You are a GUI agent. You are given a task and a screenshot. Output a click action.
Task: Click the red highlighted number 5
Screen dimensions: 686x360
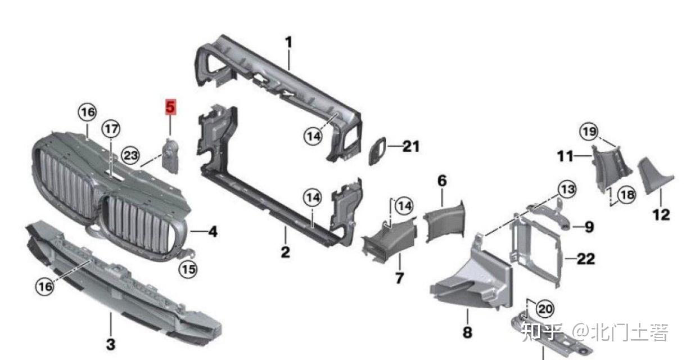pyautogui.click(x=170, y=107)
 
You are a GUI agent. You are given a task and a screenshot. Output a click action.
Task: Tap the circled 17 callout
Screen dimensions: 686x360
pyautogui.click(x=111, y=129)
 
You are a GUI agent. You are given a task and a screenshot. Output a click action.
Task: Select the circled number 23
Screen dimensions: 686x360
pyautogui.click(x=131, y=155)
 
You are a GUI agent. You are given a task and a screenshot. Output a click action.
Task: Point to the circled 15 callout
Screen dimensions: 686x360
pyautogui.click(x=188, y=269)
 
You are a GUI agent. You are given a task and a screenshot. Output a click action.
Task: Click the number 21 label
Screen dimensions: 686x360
pyautogui.click(x=410, y=146)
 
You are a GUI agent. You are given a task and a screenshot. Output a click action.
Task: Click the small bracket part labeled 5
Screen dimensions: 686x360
pyautogui.click(x=170, y=156)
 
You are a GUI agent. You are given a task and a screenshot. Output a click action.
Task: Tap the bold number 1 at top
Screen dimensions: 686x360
pyautogui.click(x=288, y=43)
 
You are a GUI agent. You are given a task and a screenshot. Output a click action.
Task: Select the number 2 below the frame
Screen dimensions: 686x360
pyautogui.click(x=286, y=252)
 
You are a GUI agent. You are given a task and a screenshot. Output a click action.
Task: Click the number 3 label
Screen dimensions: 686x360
pyautogui.click(x=111, y=344)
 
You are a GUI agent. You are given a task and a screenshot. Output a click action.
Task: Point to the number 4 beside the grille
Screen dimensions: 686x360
pyautogui.click(x=213, y=232)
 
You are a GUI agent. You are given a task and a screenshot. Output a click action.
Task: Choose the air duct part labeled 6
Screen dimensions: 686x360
pyautogui.click(x=444, y=220)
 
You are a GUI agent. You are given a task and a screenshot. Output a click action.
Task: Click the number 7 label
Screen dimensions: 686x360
pyautogui.click(x=400, y=278)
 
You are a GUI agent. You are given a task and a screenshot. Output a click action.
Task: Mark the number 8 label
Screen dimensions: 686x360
pyautogui.click(x=467, y=332)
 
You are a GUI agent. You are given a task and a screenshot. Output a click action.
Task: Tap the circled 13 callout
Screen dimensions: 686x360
pyautogui.click(x=567, y=189)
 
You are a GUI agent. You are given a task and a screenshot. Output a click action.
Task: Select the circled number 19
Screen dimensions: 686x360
pyautogui.click(x=589, y=132)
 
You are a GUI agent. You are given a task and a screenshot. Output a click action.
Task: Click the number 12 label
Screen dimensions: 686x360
pyautogui.click(x=661, y=214)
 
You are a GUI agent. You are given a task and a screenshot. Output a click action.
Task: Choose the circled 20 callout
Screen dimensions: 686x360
pyautogui.click(x=545, y=309)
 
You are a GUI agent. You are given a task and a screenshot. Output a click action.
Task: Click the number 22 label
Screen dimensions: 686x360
pyautogui.click(x=586, y=259)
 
